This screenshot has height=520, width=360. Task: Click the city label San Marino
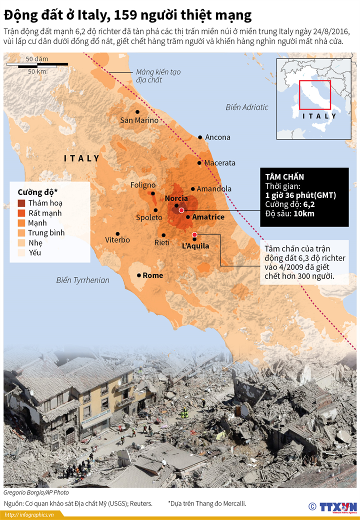coord(139,120)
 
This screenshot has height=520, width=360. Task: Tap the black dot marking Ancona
coord(200,137)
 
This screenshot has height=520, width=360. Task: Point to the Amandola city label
coord(214,189)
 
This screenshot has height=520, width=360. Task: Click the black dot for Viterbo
coord(117,233)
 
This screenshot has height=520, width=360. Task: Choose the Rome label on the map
coord(152,275)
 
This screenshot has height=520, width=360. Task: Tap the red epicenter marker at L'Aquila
coord(194,235)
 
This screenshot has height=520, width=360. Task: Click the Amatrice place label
coord(208,217)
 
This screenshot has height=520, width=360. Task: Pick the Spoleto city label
coord(149,218)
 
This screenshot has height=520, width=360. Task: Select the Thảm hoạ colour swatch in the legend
coord(22,203)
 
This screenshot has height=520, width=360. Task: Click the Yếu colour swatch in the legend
coord(22,252)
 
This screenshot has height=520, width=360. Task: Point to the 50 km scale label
coord(36,71)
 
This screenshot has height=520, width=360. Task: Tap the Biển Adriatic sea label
coord(246,107)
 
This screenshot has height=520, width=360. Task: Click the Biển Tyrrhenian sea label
coord(82,280)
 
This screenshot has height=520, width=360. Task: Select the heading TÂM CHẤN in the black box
coord(284,177)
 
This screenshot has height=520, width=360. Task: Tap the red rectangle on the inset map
coord(315,94)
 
